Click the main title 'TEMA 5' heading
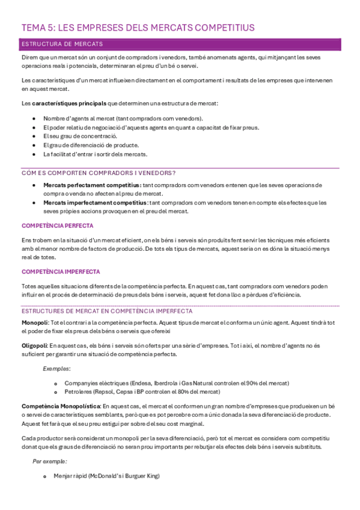(138, 28)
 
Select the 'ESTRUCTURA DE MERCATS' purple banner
(62, 44)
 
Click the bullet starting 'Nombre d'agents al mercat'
(123, 118)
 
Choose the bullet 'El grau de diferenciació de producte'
(91, 145)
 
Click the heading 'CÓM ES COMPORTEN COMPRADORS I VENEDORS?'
(98, 173)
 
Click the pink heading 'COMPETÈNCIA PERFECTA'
(57, 226)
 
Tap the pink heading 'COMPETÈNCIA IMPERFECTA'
(61, 271)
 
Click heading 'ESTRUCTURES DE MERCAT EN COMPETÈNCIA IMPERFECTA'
(107, 311)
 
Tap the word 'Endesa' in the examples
(142, 383)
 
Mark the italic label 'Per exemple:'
(49, 461)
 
